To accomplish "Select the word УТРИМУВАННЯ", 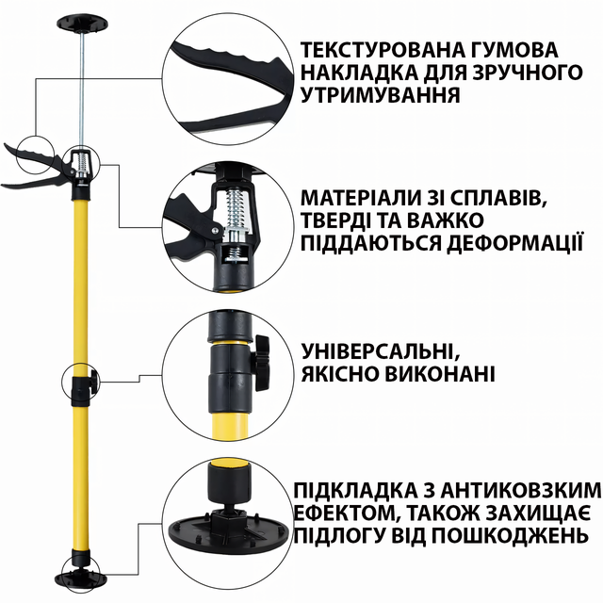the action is coord(380,94).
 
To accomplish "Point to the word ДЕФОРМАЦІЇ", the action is coord(515,242).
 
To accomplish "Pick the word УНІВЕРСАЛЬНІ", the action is coord(381,350).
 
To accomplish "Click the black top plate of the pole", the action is coord(82,23).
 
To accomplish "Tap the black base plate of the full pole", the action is coord(81,576).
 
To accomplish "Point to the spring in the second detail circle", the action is coord(234,208).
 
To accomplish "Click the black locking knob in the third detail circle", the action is coord(261,363).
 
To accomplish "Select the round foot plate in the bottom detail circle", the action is coord(229,532).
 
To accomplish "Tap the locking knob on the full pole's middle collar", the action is coord(94,382).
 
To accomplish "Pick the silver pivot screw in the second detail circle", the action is coord(215,231).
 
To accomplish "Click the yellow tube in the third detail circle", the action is coord(230,425).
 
